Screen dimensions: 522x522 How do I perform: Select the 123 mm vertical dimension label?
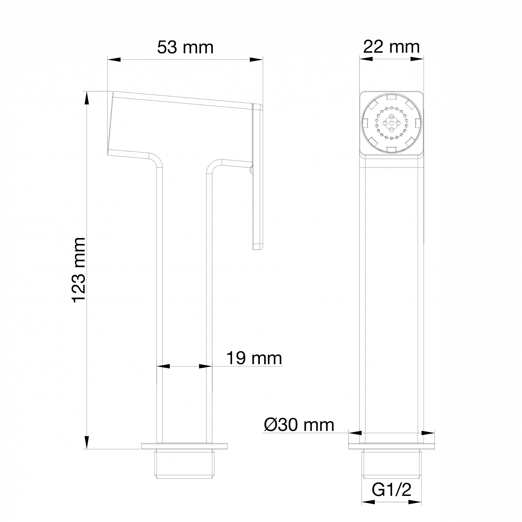(x=79, y=270)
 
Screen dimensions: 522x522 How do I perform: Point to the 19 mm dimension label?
(x=254, y=358)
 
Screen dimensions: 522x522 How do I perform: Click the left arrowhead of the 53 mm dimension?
(x=114, y=60)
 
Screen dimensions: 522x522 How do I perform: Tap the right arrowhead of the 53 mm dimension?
(x=256, y=60)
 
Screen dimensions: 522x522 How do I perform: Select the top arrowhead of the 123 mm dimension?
(x=86, y=98)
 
